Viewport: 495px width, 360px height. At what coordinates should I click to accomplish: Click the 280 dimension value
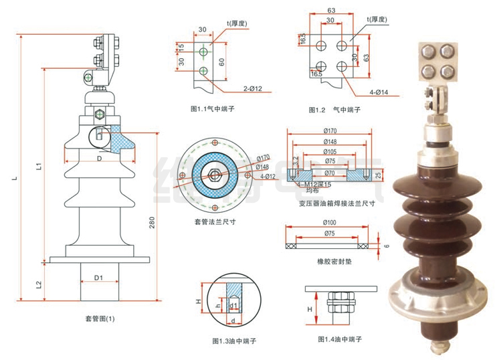click(152, 223)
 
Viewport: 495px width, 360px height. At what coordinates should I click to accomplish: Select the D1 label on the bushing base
click(98, 276)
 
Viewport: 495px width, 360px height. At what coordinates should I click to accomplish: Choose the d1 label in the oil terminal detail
click(234, 306)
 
